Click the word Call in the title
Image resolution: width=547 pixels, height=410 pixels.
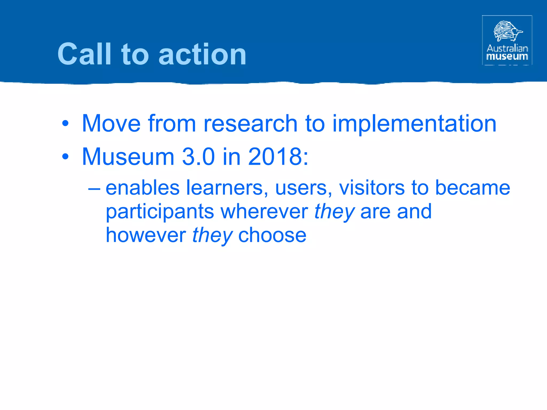84,54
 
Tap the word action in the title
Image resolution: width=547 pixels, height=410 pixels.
202,55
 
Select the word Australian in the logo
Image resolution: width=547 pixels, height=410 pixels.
507,48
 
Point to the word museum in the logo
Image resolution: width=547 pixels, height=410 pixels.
507,56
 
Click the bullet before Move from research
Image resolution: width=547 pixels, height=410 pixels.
65,124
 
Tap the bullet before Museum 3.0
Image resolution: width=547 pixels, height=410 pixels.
65,157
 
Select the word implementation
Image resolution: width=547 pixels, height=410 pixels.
414,124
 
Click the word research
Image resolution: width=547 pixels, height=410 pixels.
250,124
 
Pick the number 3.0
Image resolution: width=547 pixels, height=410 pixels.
198,157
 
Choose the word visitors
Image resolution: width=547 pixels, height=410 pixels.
372,188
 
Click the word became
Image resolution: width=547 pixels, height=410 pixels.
472,188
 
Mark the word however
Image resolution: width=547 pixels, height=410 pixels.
146,235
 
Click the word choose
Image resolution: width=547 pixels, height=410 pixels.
272,235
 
